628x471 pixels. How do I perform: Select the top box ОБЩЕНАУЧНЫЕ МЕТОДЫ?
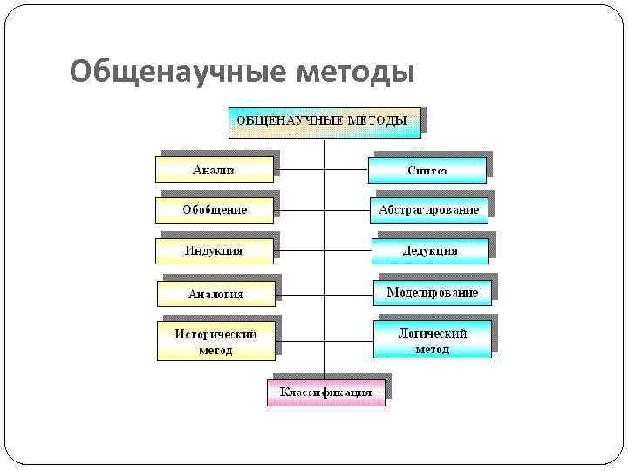(x=324, y=121)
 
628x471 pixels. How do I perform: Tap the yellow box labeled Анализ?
(x=214, y=169)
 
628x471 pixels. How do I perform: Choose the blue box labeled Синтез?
(x=427, y=170)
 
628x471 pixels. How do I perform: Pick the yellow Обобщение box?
(x=214, y=210)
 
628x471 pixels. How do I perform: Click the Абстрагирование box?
(x=428, y=210)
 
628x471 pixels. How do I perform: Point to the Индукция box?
(x=214, y=250)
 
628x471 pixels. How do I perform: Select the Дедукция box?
(x=428, y=250)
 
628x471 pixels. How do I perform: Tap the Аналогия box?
(x=215, y=293)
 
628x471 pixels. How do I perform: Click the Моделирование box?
(x=432, y=292)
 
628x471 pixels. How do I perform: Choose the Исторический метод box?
(x=215, y=341)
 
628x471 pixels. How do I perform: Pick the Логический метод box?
(x=432, y=340)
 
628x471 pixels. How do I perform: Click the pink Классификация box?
(x=325, y=392)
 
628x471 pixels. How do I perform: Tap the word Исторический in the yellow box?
(x=215, y=334)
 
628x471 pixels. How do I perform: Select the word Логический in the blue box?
(x=432, y=333)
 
